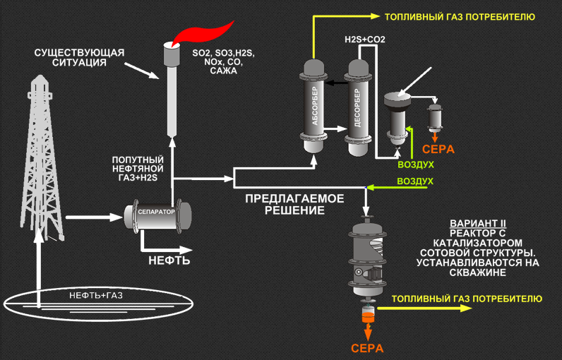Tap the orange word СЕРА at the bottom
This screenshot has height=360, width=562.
click(x=366, y=348)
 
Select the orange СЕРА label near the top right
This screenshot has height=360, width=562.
click(x=438, y=150)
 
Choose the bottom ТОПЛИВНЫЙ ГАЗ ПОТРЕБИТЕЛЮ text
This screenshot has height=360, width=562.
click(x=467, y=299)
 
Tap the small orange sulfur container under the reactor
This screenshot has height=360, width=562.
click(x=367, y=315)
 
